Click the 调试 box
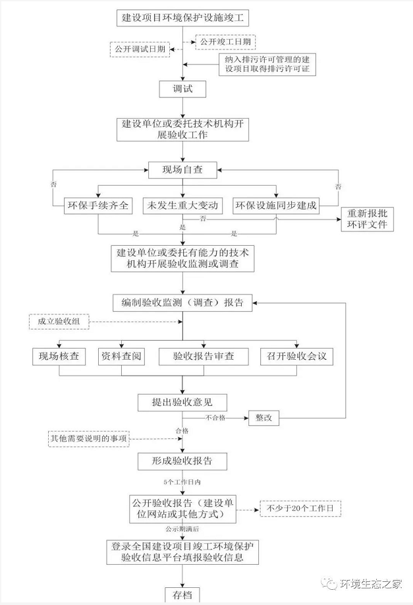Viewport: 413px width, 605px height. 182,89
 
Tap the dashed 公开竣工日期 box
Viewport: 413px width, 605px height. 225,42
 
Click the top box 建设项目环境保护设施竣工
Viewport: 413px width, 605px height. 183,18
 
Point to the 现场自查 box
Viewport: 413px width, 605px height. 182,170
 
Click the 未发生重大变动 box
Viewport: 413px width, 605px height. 182,205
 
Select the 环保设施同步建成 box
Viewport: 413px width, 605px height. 277,205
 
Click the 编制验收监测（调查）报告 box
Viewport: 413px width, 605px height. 182,302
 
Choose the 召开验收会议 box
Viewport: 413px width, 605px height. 296,357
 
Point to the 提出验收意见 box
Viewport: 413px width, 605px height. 182,402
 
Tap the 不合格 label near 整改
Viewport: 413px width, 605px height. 215,418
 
